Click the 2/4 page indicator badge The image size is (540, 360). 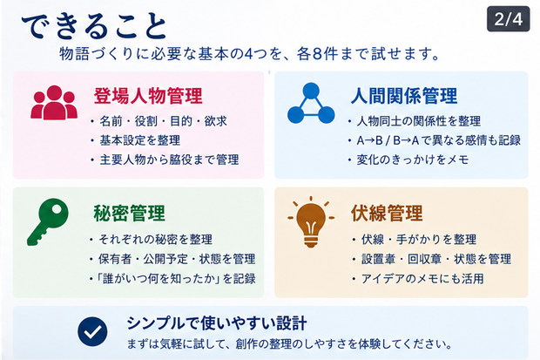pos(509,19)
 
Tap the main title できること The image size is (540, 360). pos(94,26)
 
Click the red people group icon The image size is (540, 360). pos(54,102)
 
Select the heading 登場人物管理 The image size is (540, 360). pos(148,96)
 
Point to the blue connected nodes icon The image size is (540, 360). pos(311,103)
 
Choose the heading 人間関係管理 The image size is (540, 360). pos(404,96)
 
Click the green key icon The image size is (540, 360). pos(48,221)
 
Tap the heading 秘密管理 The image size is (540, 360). pos(130,213)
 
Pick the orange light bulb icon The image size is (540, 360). pos(311,222)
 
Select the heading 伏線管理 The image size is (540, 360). pos(387,213)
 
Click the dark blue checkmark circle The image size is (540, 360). pos(92,331)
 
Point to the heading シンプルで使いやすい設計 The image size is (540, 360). pos(217,323)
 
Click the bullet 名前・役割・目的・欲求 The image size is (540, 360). pos(163,121)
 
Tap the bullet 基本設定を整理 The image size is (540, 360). pos(140,140)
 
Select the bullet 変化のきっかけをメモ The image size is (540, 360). pos(413,160)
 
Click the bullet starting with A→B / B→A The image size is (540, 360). pos(438,140)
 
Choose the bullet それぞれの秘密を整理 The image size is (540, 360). pos(156,240)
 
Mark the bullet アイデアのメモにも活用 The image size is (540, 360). pos(422,279)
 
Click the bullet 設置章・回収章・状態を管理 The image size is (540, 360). pos(436,259)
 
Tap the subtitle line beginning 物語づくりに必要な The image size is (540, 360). pos(249,54)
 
